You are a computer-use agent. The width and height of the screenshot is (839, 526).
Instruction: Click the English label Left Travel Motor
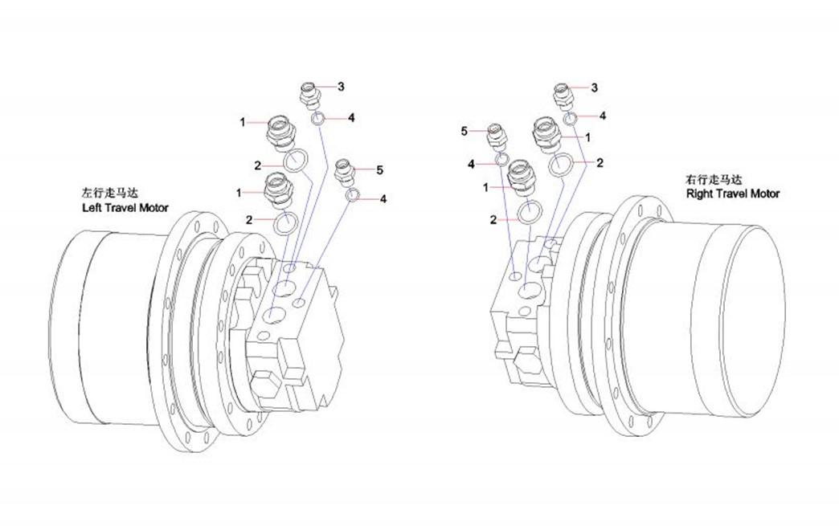(x=125, y=208)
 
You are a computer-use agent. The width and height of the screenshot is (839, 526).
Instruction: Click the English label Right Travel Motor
(x=732, y=194)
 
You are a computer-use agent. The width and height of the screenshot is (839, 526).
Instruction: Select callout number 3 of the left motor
(x=341, y=86)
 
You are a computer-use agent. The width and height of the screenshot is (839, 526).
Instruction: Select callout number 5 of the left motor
(x=379, y=169)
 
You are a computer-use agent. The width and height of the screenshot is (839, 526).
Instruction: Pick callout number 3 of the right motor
(x=594, y=87)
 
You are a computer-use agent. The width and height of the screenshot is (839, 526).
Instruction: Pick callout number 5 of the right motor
(x=465, y=131)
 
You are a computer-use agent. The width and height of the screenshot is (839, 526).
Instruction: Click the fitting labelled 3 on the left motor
(x=309, y=94)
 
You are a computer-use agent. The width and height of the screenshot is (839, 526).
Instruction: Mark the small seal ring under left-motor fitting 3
(x=319, y=120)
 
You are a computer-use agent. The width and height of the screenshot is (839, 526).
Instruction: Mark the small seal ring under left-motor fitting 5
(x=352, y=195)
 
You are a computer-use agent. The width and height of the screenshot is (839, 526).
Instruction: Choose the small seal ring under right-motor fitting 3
(x=571, y=120)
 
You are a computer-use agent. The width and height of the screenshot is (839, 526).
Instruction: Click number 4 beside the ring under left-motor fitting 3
(x=351, y=118)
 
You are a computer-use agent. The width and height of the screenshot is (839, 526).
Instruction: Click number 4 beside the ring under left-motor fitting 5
(x=384, y=198)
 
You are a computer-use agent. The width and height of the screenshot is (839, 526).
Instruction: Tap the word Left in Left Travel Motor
(x=91, y=208)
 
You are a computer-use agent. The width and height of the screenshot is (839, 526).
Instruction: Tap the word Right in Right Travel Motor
(x=699, y=194)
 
